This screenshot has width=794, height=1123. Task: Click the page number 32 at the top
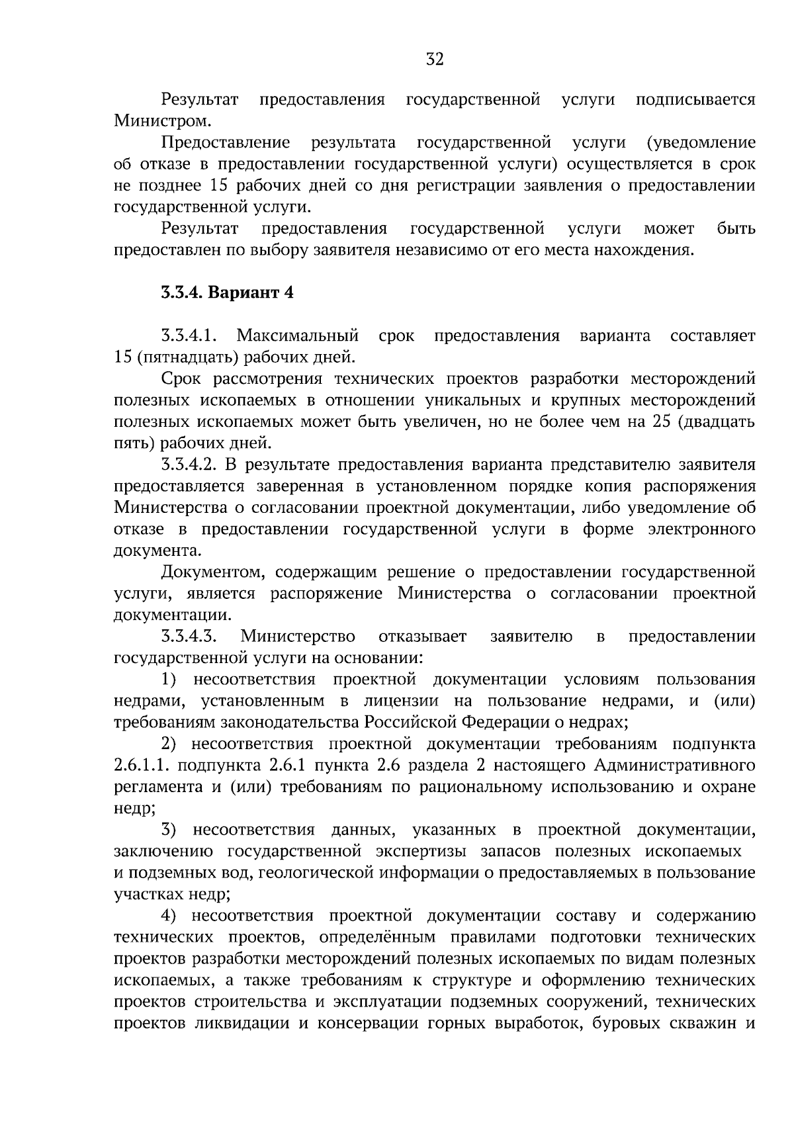[435, 60]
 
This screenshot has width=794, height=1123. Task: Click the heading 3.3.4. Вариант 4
[227, 292]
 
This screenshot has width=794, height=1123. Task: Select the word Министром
[163, 121]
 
